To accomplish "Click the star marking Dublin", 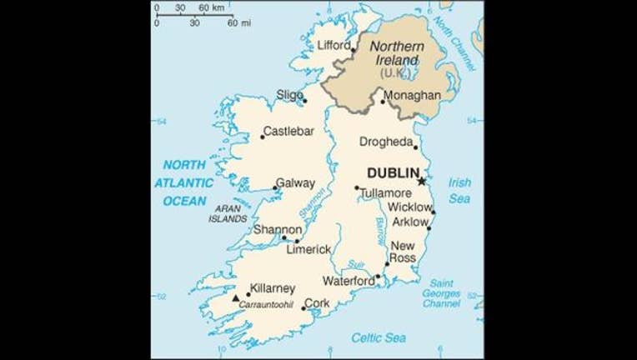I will pyautogui.click(x=422, y=181).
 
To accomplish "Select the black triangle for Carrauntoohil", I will pyautogui.click(x=236, y=297).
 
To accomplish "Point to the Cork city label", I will pyautogui.click(x=318, y=304).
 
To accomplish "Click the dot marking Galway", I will pyautogui.click(x=277, y=188).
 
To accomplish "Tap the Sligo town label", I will pyautogui.click(x=289, y=95).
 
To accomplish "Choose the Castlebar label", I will pyautogui.click(x=288, y=131).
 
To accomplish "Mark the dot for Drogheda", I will pyautogui.click(x=415, y=147).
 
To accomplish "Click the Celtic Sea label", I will pyautogui.click(x=378, y=337).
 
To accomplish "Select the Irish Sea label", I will pyautogui.click(x=459, y=190).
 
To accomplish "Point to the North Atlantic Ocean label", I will pyautogui.click(x=188, y=182).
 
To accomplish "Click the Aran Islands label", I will pyautogui.click(x=229, y=213).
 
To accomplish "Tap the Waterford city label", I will pyautogui.click(x=348, y=282).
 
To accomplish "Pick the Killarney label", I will pyautogui.click(x=273, y=288).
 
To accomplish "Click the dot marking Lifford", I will pyautogui.click(x=353, y=51).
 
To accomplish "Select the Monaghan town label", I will pyautogui.click(x=413, y=95).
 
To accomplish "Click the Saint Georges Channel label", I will pyautogui.click(x=441, y=293).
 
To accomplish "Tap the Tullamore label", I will pyautogui.click(x=386, y=193).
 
